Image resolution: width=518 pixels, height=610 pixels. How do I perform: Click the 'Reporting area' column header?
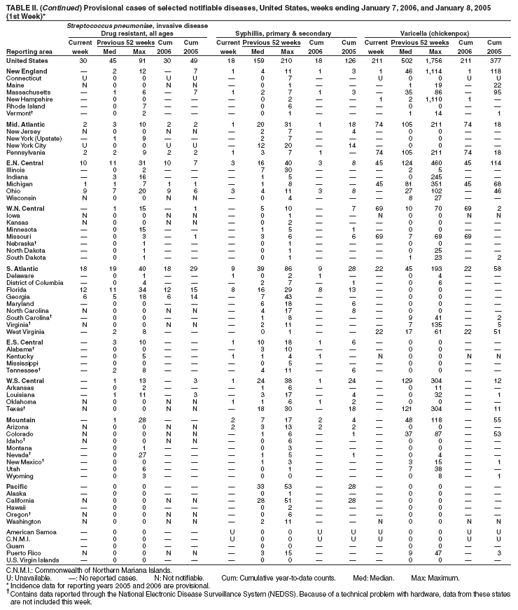[x=29, y=52]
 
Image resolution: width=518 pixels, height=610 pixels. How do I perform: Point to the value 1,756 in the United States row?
[x=435, y=61]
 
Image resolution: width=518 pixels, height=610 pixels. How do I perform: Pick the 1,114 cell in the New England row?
[x=435, y=71]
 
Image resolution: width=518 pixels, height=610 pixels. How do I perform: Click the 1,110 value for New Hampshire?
[x=435, y=100]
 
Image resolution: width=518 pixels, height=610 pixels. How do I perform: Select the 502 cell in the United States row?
[x=407, y=61]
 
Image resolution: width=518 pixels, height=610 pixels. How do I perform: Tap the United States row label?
[x=27, y=61]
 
